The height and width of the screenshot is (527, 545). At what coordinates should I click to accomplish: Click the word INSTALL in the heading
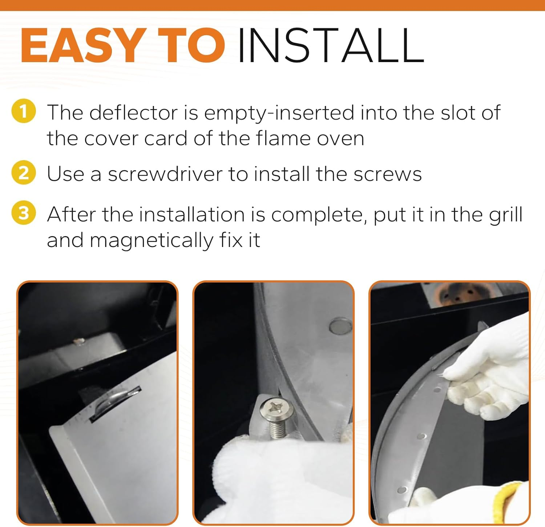(331, 45)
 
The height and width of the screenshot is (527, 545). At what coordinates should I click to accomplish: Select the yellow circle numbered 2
(24, 173)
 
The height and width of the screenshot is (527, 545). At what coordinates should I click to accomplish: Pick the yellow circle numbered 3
(24, 213)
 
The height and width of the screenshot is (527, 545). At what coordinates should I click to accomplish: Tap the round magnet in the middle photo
(340, 325)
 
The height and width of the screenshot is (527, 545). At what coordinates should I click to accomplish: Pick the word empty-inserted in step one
(279, 113)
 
